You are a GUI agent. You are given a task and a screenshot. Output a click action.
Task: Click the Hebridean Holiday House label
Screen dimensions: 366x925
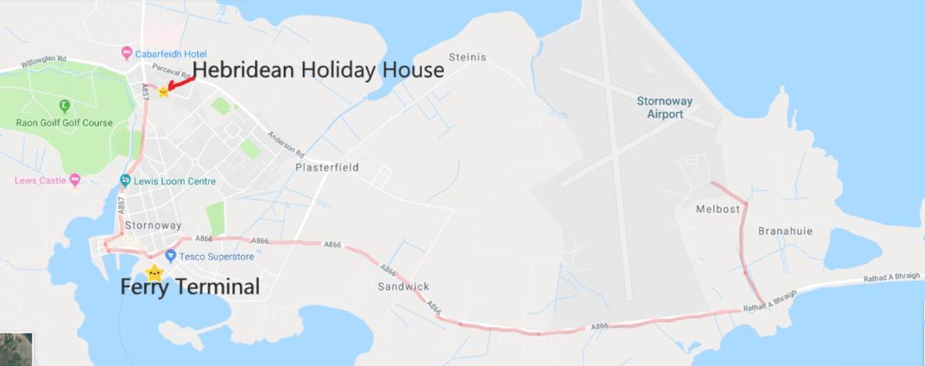(x=318, y=70)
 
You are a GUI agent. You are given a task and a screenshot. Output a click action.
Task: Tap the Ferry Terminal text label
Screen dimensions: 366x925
(x=190, y=288)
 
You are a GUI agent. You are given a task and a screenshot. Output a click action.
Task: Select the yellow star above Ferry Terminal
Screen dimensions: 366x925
(x=154, y=272)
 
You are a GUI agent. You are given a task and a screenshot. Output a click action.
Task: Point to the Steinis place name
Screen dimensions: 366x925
(x=467, y=56)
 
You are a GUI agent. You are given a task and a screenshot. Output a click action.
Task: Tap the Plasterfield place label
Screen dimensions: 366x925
(x=328, y=167)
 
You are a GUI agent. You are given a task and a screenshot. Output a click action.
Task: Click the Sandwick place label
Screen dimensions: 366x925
(x=403, y=286)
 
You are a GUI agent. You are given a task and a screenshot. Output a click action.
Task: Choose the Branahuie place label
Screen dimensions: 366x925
(x=785, y=231)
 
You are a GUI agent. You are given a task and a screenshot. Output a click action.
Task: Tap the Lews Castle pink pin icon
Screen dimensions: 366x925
(x=74, y=180)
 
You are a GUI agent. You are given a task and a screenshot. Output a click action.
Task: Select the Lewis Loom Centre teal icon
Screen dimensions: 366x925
(x=125, y=181)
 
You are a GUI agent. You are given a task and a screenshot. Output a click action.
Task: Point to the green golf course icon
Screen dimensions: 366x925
(x=64, y=106)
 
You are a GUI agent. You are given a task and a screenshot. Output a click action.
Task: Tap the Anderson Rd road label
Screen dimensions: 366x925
(x=282, y=143)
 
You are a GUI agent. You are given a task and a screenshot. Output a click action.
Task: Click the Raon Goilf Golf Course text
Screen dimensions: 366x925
(x=64, y=123)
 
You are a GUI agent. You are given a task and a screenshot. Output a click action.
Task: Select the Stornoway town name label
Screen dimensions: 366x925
(x=158, y=226)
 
